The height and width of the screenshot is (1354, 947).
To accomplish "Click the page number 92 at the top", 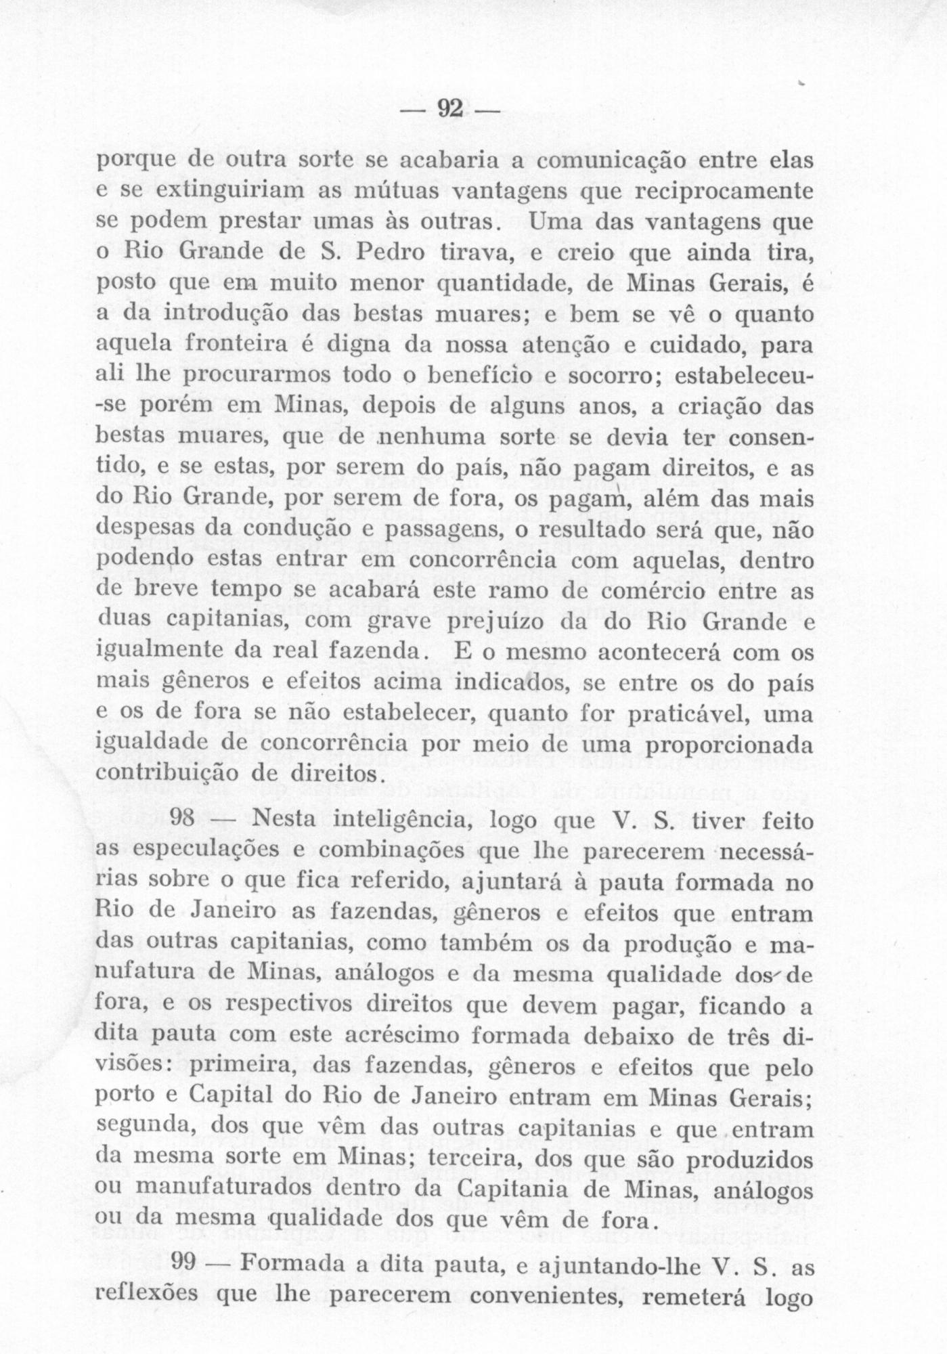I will click(x=449, y=108).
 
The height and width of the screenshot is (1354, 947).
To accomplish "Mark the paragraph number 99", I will click(x=187, y=1263).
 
